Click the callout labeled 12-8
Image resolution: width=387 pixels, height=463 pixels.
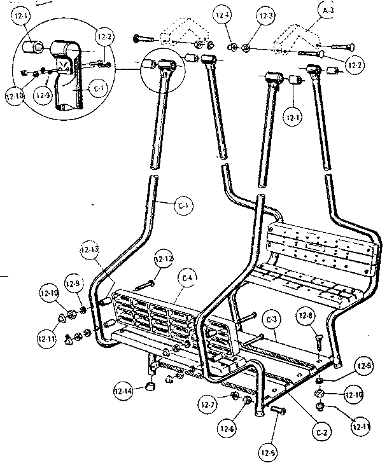point(306,315)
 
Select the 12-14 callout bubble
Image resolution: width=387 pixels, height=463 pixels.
point(125,390)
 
